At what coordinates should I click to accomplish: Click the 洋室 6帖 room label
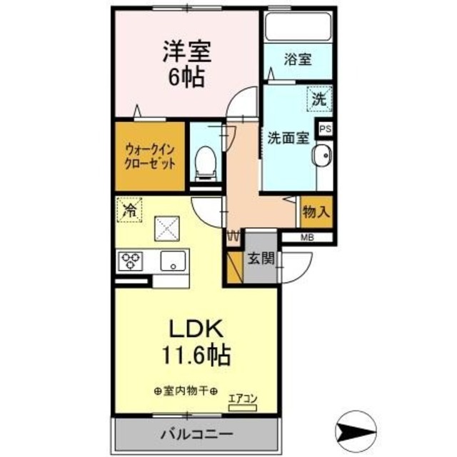pyautogui.click(x=186, y=64)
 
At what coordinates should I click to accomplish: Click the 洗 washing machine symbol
pyautogui.click(x=319, y=99)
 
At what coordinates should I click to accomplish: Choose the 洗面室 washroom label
pyautogui.click(x=288, y=138)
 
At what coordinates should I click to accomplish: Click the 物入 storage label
pyautogui.click(x=316, y=211)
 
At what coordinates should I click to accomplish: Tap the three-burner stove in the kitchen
pyautogui.click(x=131, y=261)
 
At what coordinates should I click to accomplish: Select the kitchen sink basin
pyautogui.click(x=172, y=262)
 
